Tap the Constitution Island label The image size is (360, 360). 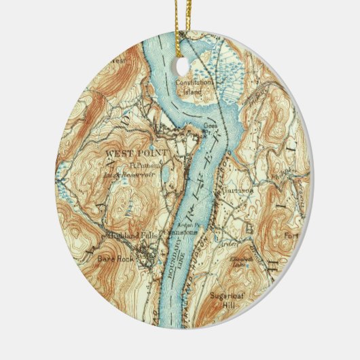pyautogui.click(x=194, y=86)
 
